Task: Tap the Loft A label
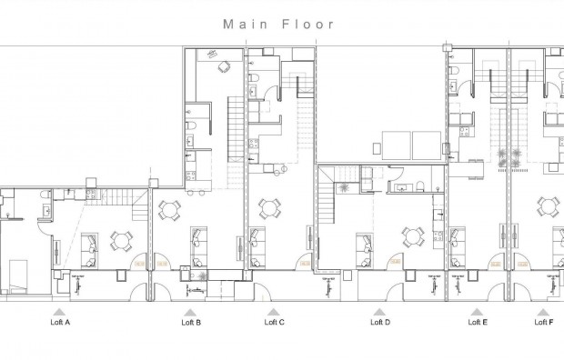60,322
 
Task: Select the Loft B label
191,322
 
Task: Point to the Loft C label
275,322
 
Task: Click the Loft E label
478,322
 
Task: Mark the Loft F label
543,322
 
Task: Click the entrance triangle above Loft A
60,310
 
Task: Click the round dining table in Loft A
121,241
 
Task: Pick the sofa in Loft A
89,244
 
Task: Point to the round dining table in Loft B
168,211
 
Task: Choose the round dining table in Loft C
267,209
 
